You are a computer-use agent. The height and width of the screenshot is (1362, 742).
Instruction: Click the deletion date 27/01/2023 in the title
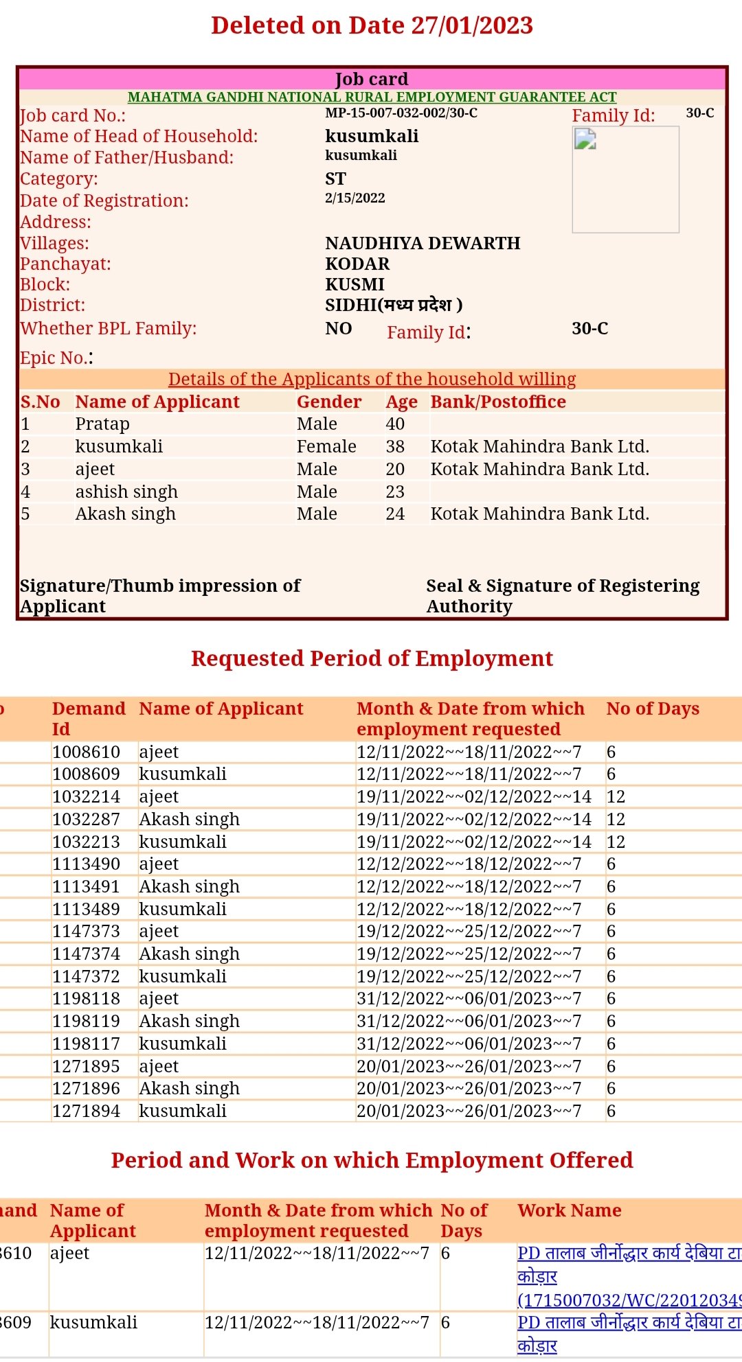[x=472, y=25]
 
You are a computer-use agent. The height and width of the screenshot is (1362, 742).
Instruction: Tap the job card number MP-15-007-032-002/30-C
[x=401, y=113]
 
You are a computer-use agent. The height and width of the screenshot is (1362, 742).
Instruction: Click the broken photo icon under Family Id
[x=585, y=139]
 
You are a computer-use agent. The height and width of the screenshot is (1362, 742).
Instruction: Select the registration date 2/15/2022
[x=355, y=198]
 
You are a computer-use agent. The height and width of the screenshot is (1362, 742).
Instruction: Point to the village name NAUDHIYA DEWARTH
[x=423, y=243]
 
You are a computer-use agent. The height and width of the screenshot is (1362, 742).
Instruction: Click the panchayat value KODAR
[x=357, y=264]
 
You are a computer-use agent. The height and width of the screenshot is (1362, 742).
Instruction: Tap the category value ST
[x=335, y=178]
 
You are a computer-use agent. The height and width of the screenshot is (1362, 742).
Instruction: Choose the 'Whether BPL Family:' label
[x=108, y=328]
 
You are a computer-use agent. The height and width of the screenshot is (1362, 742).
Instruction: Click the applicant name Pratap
[x=102, y=424]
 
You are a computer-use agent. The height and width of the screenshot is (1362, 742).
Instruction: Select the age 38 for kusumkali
[x=395, y=446]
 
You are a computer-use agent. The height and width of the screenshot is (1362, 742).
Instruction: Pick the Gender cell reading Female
[x=326, y=446]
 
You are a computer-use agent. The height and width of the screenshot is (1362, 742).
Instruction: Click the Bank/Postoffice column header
[x=498, y=402]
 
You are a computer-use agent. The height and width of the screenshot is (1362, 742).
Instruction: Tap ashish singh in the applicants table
[x=126, y=492]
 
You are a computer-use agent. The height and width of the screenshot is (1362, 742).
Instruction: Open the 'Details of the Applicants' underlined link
[x=372, y=379]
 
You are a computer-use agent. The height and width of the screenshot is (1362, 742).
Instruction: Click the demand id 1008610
[x=86, y=752]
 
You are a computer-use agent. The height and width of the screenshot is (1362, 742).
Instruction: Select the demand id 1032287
[x=86, y=819]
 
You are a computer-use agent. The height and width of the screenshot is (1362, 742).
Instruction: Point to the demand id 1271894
[x=86, y=1111]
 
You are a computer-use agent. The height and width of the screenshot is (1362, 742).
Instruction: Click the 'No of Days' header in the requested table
[x=653, y=708]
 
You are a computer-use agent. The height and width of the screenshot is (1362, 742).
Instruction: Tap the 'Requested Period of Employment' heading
[x=372, y=658]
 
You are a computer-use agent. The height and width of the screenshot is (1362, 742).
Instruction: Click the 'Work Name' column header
[x=570, y=1210]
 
